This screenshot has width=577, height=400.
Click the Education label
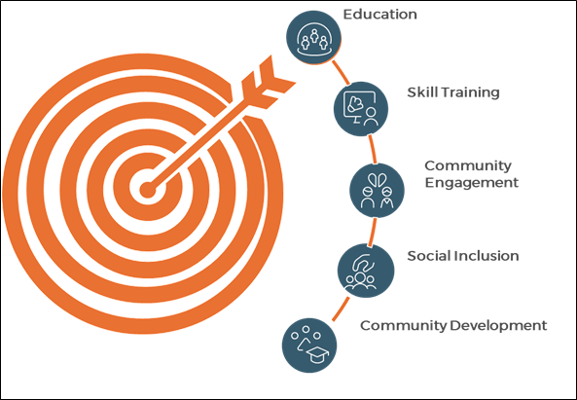click(380, 15)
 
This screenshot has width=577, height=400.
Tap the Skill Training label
click(453, 92)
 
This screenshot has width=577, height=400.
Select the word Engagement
click(471, 183)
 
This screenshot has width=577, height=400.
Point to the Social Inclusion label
click(463, 256)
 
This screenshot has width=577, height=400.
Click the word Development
click(498, 326)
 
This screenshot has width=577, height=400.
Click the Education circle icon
click(314, 37)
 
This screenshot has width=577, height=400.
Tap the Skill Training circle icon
click(361, 109)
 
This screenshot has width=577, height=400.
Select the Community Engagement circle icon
click(377, 190)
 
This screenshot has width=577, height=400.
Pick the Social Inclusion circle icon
click(366, 271)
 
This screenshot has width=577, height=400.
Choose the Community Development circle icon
click(309, 345)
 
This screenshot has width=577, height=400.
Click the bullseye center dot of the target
click(148, 190)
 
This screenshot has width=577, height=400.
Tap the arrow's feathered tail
click(268, 82)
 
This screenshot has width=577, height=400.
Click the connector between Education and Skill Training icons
click(342, 72)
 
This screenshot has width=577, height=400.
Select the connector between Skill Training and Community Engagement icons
click(373, 149)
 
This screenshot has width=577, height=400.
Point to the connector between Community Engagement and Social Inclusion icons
click(373, 232)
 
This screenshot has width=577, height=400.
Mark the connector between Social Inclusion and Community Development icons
click(342, 309)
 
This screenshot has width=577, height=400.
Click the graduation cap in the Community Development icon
click(318, 354)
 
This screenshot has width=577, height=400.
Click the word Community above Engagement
click(468, 166)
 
